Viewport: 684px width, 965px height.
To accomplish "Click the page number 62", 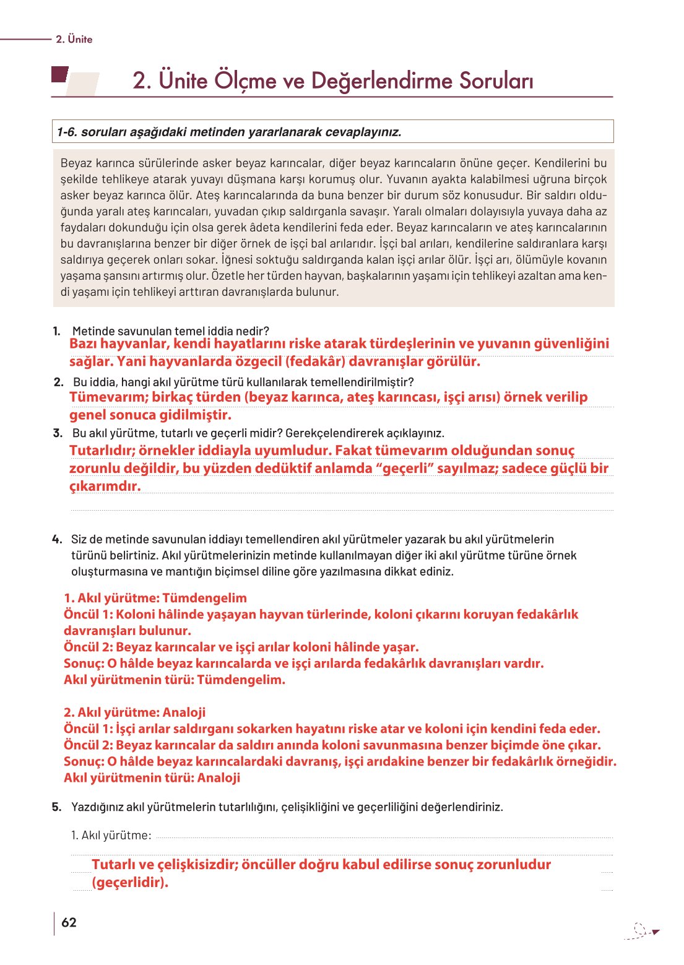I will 69,922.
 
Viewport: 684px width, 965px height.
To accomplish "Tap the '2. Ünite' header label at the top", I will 74,39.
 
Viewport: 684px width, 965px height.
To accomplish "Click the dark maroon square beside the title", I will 59,75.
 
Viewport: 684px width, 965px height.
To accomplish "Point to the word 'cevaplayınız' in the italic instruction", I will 365,132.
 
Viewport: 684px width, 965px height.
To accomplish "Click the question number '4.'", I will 57,539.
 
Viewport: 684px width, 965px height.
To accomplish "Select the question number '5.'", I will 57,807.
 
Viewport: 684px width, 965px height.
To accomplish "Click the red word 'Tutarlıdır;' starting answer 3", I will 102,450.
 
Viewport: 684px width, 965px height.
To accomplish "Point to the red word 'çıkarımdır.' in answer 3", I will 105,486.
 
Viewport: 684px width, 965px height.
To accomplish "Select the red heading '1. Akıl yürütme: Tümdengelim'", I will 155,598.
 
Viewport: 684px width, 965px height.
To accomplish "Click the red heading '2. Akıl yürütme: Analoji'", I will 134,712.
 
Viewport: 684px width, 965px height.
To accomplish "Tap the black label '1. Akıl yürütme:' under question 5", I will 111,835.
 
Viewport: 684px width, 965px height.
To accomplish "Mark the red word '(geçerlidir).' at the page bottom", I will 130,882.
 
